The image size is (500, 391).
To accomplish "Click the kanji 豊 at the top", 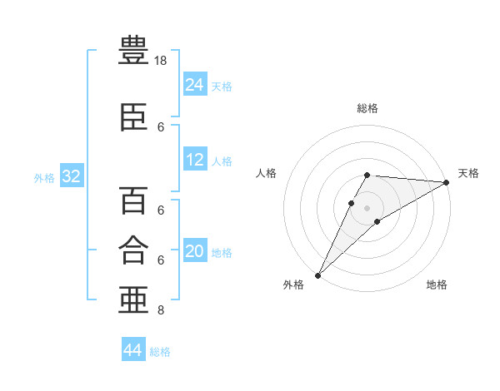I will pyautogui.click(x=134, y=51).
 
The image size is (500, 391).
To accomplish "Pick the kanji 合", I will pyautogui.click(x=134, y=250).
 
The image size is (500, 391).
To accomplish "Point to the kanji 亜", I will pyautogui.click(x=134, y=299).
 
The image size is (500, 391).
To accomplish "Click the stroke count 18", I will pyautogui.click(x=161, y=62).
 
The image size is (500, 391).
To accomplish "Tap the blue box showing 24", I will pyautogui.click(x=194, y=84).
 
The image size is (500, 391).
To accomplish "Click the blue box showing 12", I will pyautogui.click(x=194, y=160).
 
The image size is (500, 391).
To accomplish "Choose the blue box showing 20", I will pyautogui.click(x=194, y=251).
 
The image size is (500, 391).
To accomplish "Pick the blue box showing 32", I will pyautogui.click(x=71, y=176).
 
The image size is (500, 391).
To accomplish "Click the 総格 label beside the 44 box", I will pyautogui.click(x=160, y=352).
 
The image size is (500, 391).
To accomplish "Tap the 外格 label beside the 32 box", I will pyautogui.click(x=44, y=177).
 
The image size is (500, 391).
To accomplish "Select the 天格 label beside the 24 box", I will pyautogui.click(x=222, y=86).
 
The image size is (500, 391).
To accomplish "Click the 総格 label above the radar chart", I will pyautogui.click(x=367, y=108).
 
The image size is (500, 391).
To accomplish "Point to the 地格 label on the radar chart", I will pyautogui.click(x=437, y=285).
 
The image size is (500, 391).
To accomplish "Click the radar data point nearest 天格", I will pyautogui.click(x=447, y=183).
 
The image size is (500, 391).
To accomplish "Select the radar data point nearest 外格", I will pyautogui.click(x=317, y=275).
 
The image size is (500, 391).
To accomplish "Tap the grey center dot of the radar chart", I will pyautogui.click(x=367, y=207).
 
